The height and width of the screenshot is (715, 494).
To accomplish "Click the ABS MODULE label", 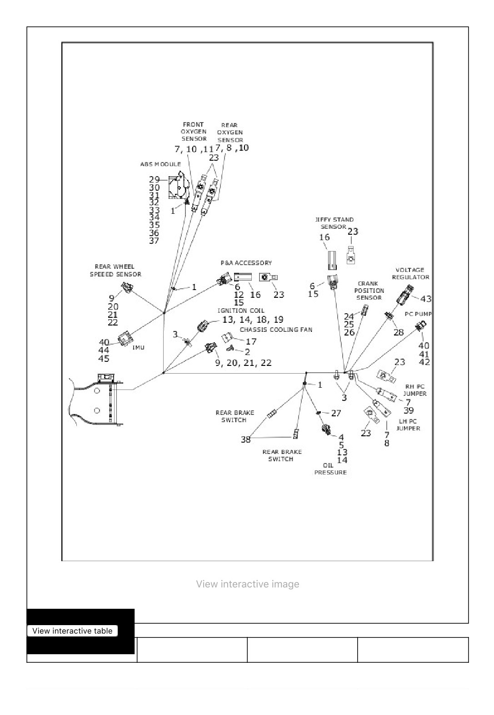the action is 160,164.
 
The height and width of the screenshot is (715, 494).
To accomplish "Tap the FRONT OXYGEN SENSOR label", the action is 194,132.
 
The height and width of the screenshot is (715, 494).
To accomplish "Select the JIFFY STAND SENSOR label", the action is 334,223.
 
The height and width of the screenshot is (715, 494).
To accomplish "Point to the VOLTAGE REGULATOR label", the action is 410,274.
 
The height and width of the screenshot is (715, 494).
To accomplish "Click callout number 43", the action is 426,299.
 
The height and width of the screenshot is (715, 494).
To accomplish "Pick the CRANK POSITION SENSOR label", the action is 369,291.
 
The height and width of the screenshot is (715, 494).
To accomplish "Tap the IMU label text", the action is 138,347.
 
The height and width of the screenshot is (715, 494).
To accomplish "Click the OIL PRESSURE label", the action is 330,469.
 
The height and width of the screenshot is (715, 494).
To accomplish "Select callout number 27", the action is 336,413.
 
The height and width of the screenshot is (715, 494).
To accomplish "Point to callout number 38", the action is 246,439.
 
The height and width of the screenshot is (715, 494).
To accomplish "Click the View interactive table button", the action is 73,631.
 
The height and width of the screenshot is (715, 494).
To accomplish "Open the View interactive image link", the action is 248,584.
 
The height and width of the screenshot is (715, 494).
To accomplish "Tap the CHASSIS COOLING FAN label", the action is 276,330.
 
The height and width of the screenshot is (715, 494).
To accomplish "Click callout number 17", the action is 251,341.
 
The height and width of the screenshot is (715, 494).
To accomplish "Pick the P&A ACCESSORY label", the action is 246,263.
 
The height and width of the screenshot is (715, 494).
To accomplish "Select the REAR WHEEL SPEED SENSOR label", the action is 115,271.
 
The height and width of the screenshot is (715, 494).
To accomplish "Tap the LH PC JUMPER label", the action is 408,425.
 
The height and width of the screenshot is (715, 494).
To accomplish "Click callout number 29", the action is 155,179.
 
